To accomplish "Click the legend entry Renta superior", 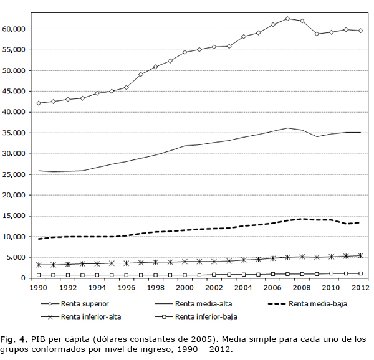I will tap(85, 305).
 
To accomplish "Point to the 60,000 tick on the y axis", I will tap(14, 29).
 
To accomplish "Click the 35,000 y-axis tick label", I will tap(14, 133).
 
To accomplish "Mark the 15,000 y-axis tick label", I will tap(14, 216).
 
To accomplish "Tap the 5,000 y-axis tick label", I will tap(16, 257).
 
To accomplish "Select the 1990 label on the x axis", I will tap(39, 288).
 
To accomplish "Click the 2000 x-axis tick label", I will tap(185, 288).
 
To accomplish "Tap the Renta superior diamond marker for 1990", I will tap(39, 103).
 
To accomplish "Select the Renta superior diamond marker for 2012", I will tap(360, 31).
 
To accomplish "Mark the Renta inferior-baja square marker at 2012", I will tap(360, 273).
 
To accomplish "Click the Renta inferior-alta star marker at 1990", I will tap(39, 265).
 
